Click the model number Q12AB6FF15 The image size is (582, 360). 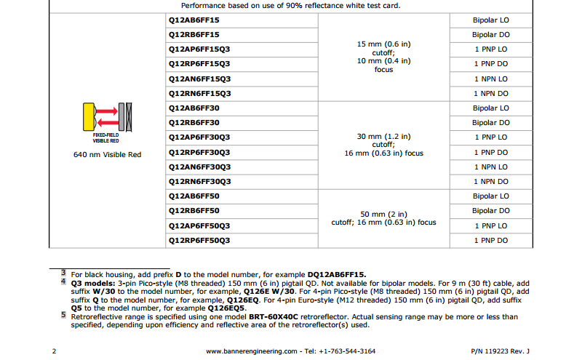(x=188, y=20)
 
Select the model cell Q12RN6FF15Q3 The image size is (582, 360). (x=199, y=94)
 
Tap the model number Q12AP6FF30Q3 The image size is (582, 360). (x=199, y=137)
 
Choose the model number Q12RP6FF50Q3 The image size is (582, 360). (x=199, y=240)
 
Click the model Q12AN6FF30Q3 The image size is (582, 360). (x=199, y=167)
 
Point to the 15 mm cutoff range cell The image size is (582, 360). (x=383, y=57)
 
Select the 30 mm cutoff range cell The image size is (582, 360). (x=383, y=145)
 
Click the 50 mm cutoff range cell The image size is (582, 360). (x=383, y=218)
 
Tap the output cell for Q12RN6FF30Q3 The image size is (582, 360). (x=491, y=182)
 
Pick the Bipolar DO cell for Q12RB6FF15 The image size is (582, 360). (x=491, y=35)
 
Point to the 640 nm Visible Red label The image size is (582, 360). (x=107, y=154)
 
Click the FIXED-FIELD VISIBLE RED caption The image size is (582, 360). (x=107, y=137)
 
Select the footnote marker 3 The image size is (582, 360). (x=63, y=273)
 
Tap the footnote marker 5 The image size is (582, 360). (x=63, y=316)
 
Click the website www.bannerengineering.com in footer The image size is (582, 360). (x=251, y=351)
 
